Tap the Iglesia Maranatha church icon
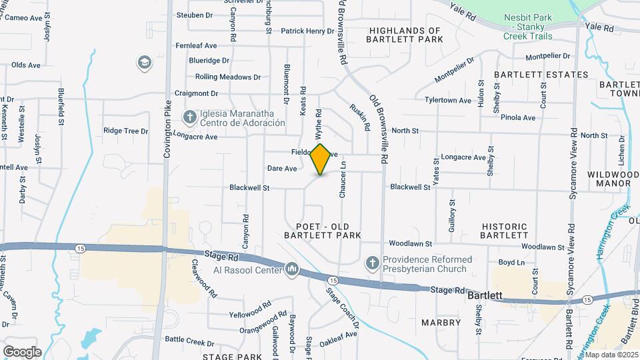pos(190,117)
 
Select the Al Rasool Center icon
pos(291,269)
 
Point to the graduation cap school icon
pos(143,63)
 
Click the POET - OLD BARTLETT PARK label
pos(323,231)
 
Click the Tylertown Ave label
pos(448,100)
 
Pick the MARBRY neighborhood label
pos(441,323)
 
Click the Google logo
pos(22,351)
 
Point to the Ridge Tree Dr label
pos(121,131)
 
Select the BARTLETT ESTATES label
pos(541,74)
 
